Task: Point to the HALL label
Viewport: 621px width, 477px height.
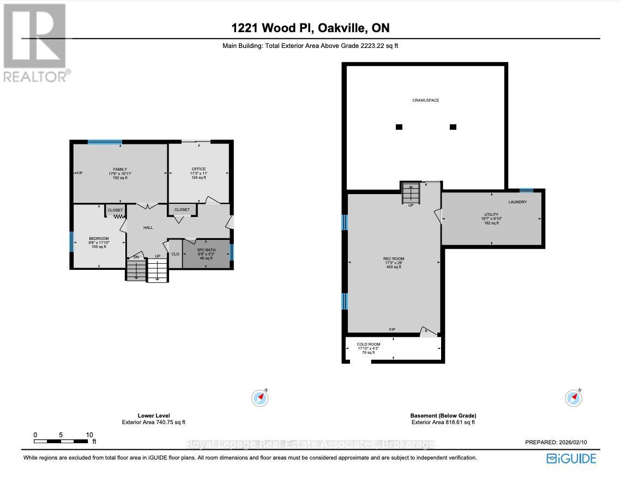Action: tap(148, 227)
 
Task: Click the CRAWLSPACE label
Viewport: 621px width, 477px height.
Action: tap(425, 100)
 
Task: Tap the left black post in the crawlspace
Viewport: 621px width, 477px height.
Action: tap(399, 127)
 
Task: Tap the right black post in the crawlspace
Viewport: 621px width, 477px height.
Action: tap(453, 127)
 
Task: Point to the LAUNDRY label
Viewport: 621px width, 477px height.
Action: tap(517, 202)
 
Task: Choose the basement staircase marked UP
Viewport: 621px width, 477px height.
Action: tap(411, 193)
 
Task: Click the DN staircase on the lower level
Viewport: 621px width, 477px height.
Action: tap(136, 270)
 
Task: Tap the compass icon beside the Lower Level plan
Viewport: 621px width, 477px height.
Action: tap(260, 398)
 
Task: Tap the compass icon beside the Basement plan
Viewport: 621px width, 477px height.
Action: tap(574, 398)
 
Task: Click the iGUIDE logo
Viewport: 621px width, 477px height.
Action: tap(571, 458)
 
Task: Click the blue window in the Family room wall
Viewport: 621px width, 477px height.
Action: tap(105, 142)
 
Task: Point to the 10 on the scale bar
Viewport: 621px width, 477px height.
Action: tap(89, 435)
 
